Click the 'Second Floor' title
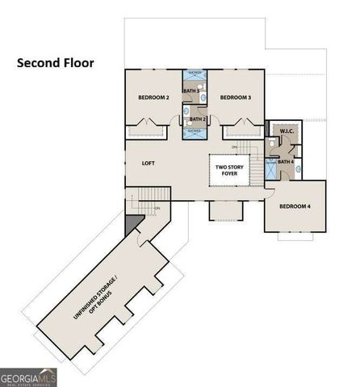[55, 60]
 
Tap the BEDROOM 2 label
[153, 98]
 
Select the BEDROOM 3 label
[235, 98]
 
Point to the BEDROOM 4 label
[295, 206]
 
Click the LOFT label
[149, 162]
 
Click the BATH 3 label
[191, 92]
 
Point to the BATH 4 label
[285, 162]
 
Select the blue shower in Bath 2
[195, 132]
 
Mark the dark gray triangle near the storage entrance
[132, 221]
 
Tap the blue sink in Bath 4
[299, 170]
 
